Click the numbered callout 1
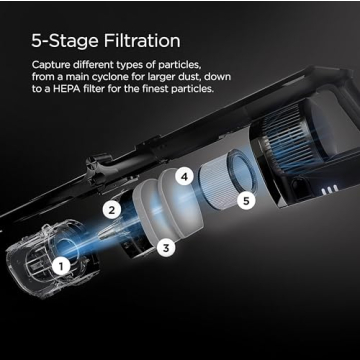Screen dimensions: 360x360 (61, 266)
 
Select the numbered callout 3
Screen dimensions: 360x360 (166, 248)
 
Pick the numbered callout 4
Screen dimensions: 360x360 (184, 177)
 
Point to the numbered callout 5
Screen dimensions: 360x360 (246, 201)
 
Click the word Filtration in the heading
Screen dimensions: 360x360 (142, 41)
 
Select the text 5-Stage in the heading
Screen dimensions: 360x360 (65, 41)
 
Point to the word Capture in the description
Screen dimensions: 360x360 (48, 64)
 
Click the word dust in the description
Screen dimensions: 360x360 (191, 76)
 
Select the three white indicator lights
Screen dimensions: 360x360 (328, 191)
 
